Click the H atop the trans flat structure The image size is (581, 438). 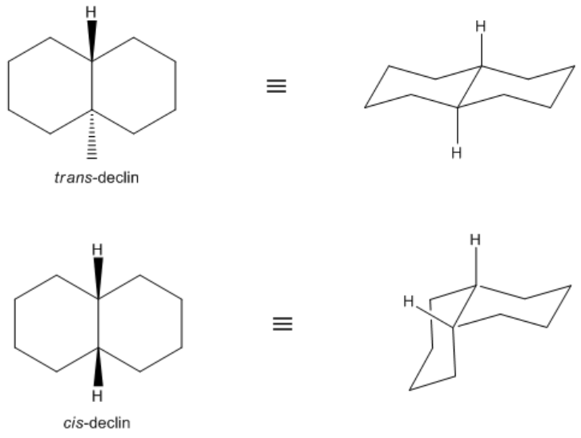pyautogui.click(x=92, y=13)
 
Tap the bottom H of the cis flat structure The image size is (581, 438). pyautogui.click(x=98, y=396)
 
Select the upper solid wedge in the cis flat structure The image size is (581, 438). pyautogui.click(x=98, y=279)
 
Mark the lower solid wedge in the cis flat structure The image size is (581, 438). pyautogui.click(x=98, y=368)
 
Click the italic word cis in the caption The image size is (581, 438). pyautogui.click(x=71, y=422)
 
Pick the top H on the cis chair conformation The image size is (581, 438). pyautogui.click(x=476, y=239)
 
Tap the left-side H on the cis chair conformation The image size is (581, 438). pyautogui.click(x=410, y=302)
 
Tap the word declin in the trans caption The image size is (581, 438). pyautogui.click(x=117, y=178)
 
